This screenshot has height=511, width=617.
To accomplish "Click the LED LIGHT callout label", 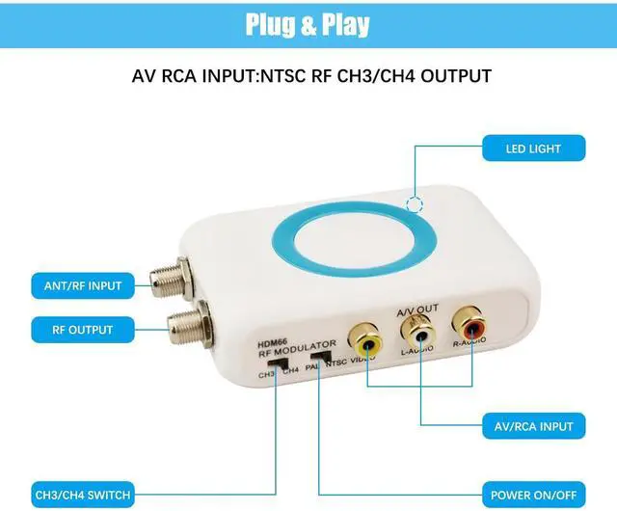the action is (x=533, y=148).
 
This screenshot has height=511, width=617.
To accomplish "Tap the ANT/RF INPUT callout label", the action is (x=84, y=285).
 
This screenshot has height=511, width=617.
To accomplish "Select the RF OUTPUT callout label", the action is (x=84, y=330).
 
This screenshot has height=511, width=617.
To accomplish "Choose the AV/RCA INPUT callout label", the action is (x=534, y=425).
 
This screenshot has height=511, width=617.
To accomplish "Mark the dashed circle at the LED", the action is (x=416, y=203).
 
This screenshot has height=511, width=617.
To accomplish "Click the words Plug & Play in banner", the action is (x=308, y=24).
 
